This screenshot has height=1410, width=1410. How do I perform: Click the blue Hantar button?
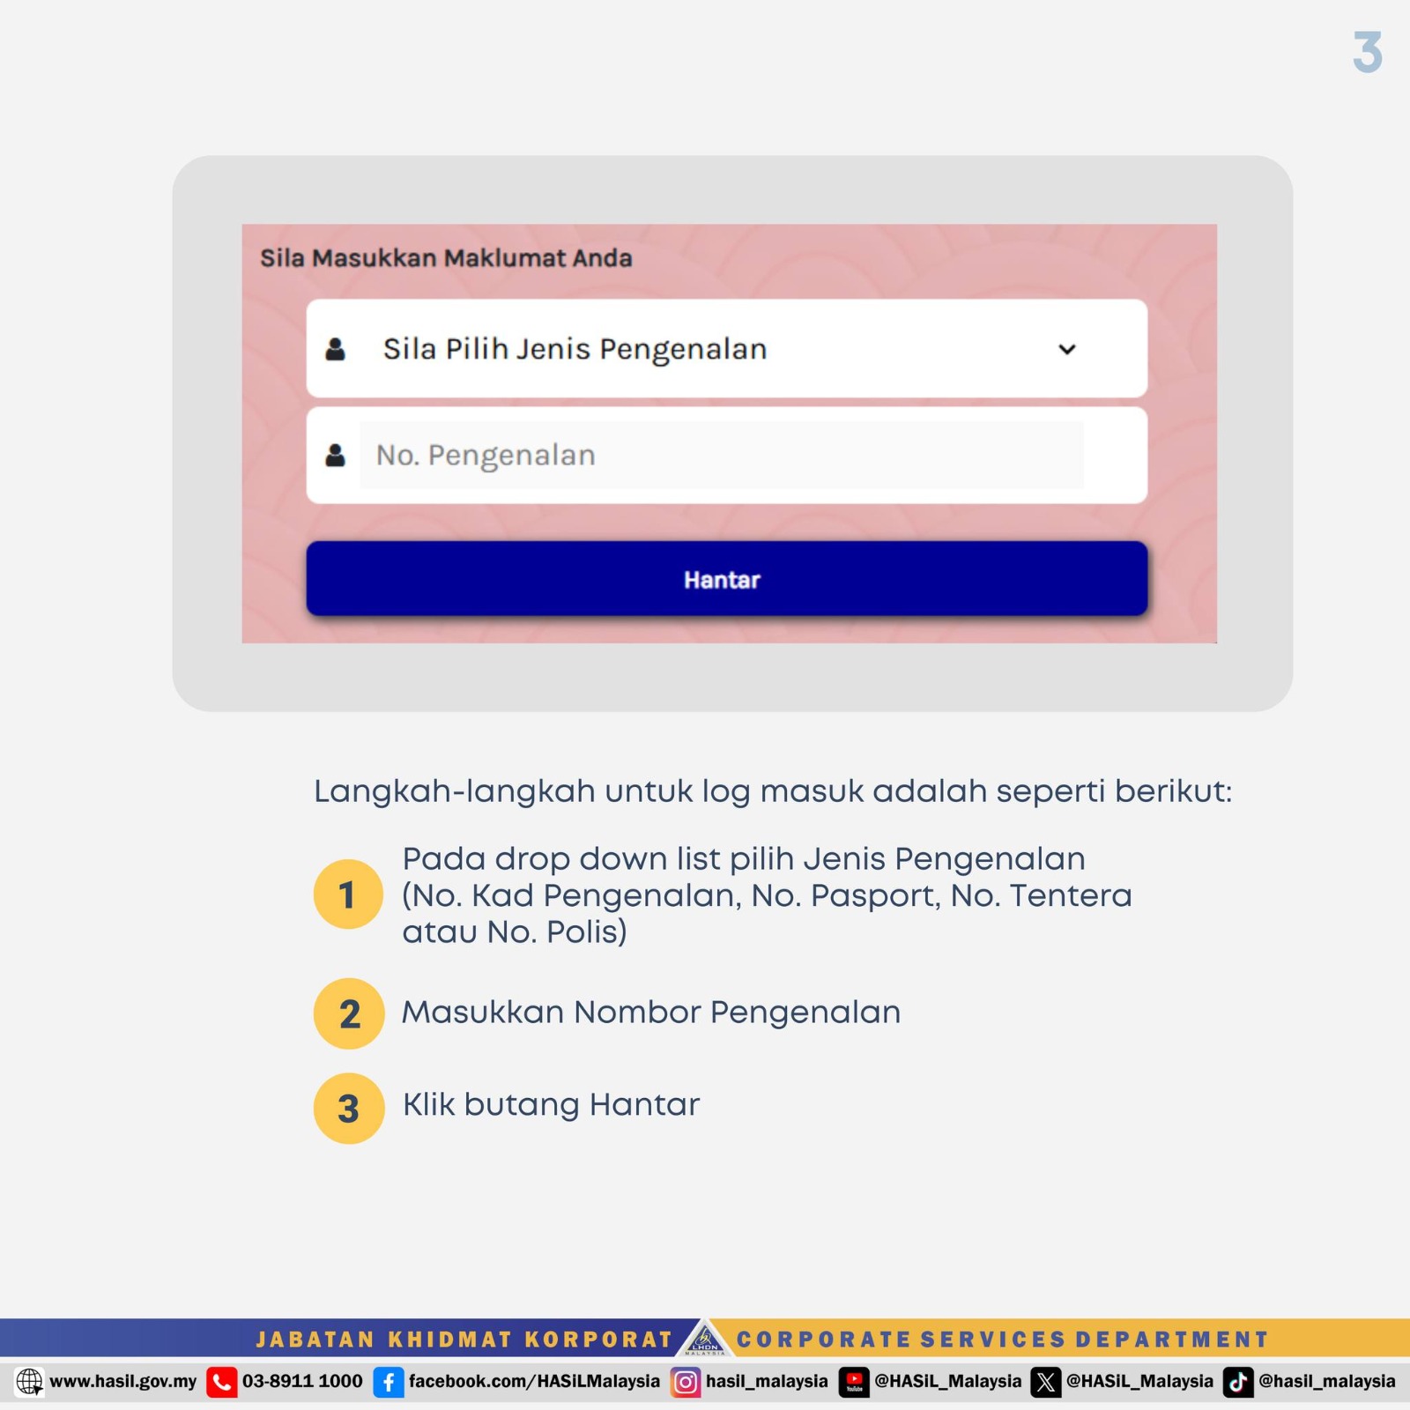pyautogui.click(x=726, y=579)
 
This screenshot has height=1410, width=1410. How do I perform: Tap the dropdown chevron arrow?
pyautogui.click(x=1066, y=349)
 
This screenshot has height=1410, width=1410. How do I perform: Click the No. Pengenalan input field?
pyautogui.click(x=721, y=455)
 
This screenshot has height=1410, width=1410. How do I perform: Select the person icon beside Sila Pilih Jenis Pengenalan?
pyautogui.click(x=335, y=349)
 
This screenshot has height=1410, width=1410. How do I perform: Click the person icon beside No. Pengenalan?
pyautogui.click(x=335, y=455)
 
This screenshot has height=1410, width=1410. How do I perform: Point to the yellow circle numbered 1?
pyautogui.click(x=348, y=894)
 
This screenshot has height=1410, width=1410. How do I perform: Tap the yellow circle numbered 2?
pyautogui.click(x=348, y=1013)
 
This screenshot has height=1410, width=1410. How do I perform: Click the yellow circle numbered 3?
pyautogui.click(x=348, y=1108)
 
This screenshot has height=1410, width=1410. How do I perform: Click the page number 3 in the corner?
pyautogui.click(x=1367, y=52)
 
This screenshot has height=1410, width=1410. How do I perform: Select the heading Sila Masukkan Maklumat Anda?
pyautogui.click(x=446, y=258)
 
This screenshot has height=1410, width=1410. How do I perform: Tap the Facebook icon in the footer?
pyautogui.click(x=388, y=1382)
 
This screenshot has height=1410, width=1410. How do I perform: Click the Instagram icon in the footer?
pyautogui.click(x=685, y=1382)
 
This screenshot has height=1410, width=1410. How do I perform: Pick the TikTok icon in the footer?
pyautogui.click(x=1237, y=1382)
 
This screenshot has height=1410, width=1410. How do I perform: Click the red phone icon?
pyautogui.click(x=221, y=1382)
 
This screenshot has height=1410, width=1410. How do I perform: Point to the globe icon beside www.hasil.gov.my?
pyautogui.click(x=29, y=1382)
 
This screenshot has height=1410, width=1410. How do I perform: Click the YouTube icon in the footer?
pyautogui.click(x=853, y=1382)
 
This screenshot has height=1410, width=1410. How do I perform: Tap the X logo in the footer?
pyautogui.click(x=1045, y=1382)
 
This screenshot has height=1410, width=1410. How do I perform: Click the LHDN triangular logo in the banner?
pyautogui.click(x=705, y=1339)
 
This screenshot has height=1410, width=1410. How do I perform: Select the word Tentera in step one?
pyautogui.click(x=1070, y=895)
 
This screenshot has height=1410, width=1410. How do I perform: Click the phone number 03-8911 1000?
pyautogui.click(x=302, y=1381)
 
